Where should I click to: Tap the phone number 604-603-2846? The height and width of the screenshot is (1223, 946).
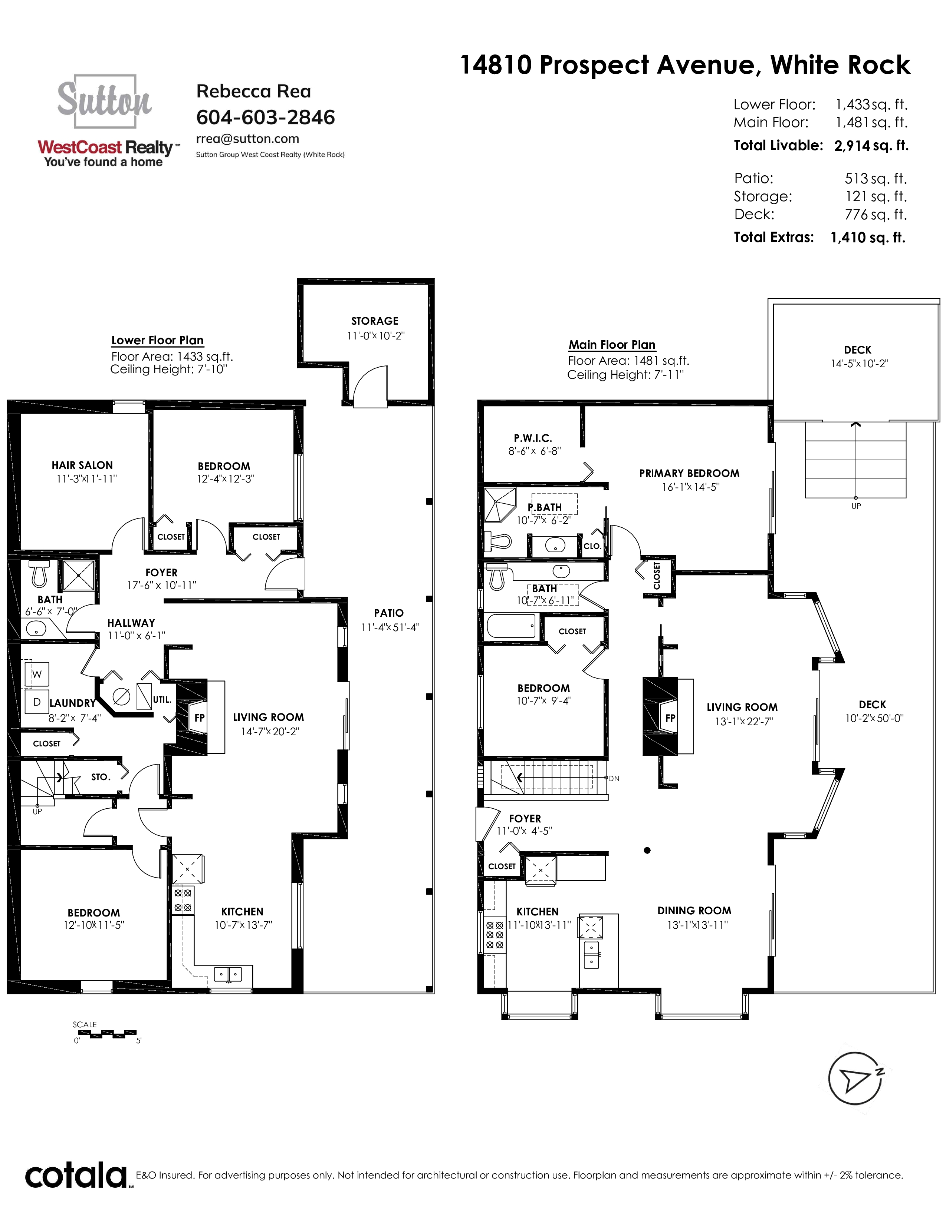click(266, 117)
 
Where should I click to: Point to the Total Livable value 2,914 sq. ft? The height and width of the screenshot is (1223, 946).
click(871, 146)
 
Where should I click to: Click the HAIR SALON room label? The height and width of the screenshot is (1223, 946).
click(82, 465)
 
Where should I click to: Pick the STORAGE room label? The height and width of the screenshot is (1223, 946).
click(375, 321)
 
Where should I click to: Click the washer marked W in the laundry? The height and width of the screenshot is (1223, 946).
click(36, 674)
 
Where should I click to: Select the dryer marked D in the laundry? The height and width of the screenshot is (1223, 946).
click(36, 702)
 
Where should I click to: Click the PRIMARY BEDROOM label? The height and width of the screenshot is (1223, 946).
click(689, 473)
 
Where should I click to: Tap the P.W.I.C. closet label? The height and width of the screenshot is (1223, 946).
click(533, 438)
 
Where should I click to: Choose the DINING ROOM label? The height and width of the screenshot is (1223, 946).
click(694, 911)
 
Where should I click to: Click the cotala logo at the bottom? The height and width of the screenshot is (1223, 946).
click(76, 1177)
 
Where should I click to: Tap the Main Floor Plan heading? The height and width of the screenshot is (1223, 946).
click(612, 345)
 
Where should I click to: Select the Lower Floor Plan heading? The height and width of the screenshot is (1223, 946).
click(157, 341)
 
